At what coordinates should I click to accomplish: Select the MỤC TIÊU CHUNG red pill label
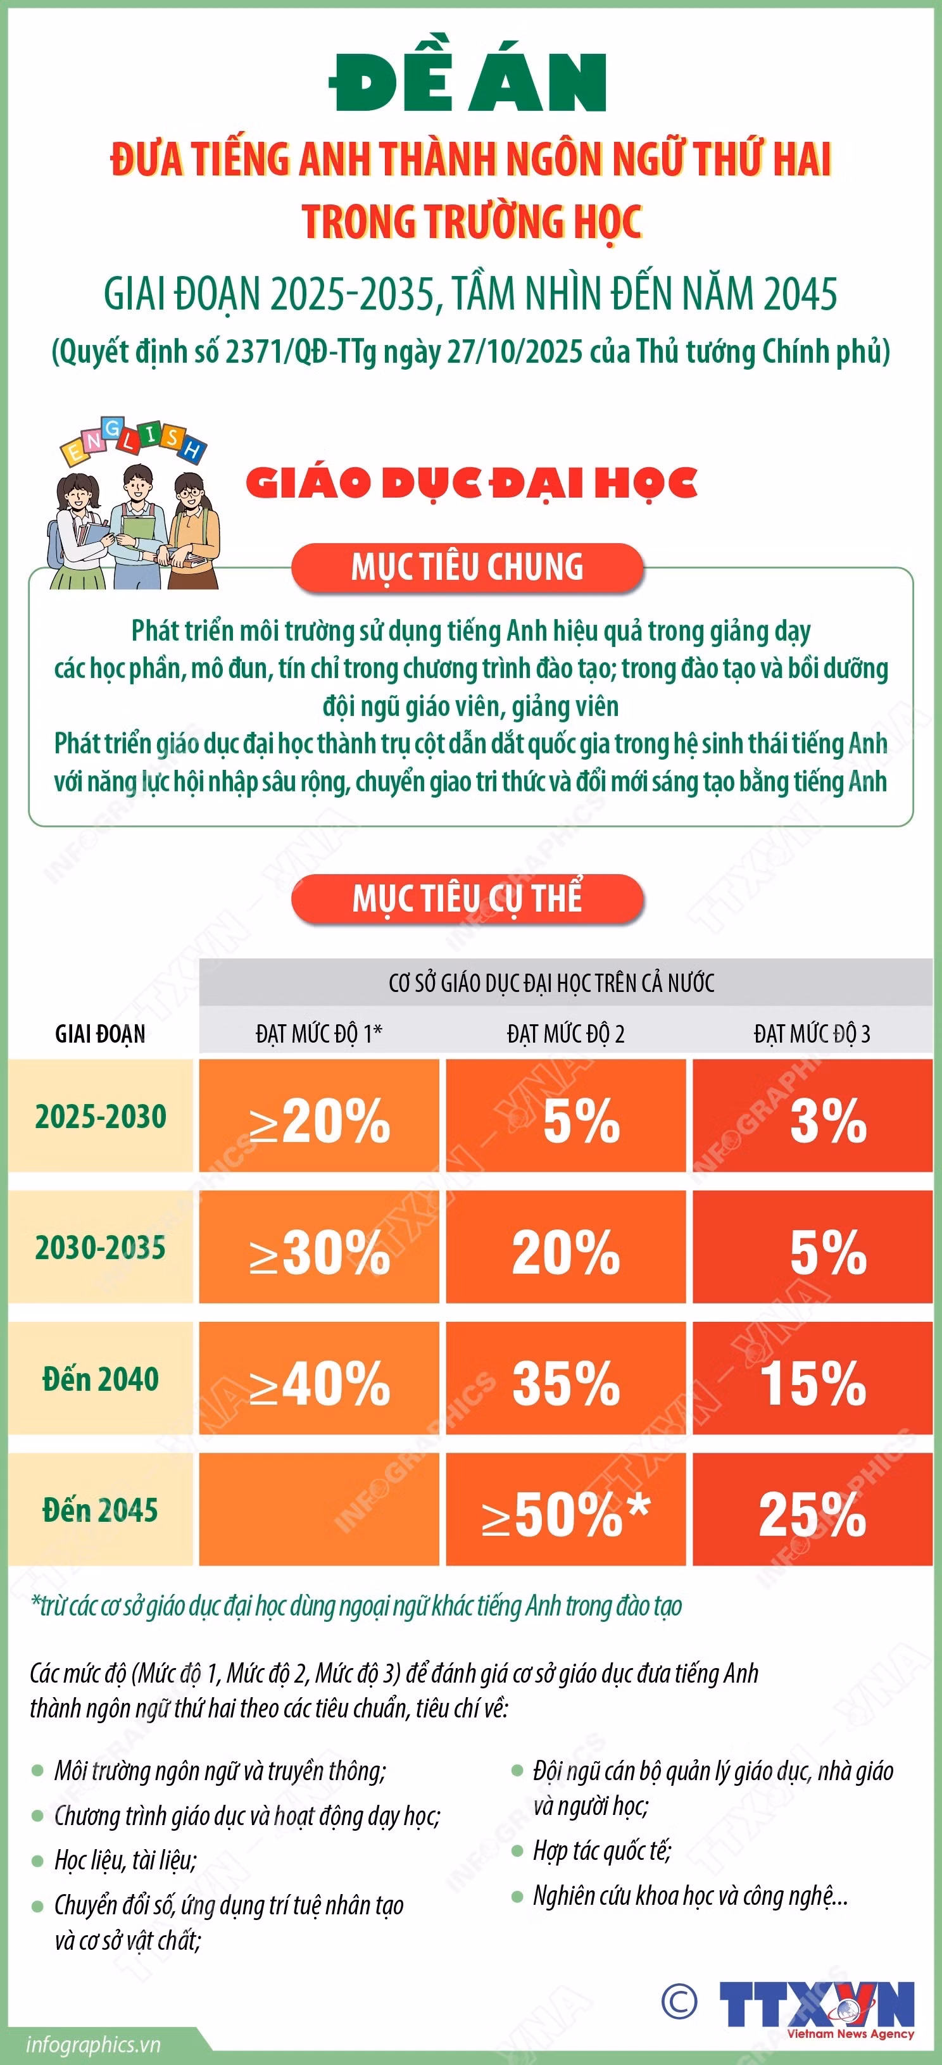point(467,568)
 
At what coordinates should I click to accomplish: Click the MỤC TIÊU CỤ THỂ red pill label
point(467,899)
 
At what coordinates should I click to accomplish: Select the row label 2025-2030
point(100,1116)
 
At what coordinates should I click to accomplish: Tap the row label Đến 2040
point(100,1379)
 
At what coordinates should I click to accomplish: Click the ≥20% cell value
point(319,1120)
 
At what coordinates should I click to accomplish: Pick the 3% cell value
point(828,1120)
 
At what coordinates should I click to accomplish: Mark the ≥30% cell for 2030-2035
point(319,1252)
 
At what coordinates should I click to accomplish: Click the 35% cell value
point(566,1383)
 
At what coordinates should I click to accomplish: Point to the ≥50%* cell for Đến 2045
point(566,1514)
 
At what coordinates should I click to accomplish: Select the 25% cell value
point(812,1514)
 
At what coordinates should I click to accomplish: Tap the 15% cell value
point(812,1383)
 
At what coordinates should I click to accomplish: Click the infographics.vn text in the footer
point(93,2044)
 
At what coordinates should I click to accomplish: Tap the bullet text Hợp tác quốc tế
point(602,1850)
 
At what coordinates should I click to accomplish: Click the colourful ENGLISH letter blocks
point(133,440)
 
